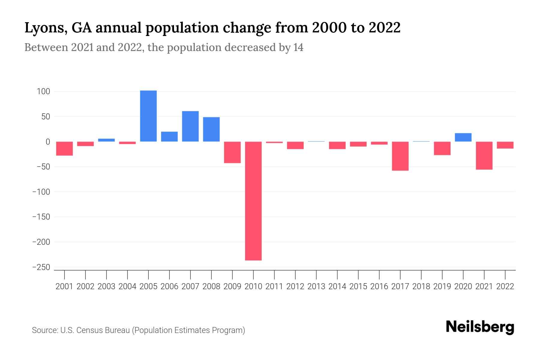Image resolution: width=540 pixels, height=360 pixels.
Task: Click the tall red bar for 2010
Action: pos(253,201)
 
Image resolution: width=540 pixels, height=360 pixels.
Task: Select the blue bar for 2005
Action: pos(148,116)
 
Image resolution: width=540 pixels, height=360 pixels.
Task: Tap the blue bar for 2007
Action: pos(190,126)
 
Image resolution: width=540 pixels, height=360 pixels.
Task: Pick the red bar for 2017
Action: pos(400,156)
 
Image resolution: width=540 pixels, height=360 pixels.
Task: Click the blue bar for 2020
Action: pos(463,137)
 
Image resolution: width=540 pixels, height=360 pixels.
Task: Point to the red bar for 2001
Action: pos(64,148)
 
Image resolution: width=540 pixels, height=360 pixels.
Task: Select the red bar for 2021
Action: pos(484,155)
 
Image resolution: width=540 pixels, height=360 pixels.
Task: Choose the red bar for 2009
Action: pos(232,152)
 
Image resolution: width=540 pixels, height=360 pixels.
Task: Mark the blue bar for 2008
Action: pos(211,129)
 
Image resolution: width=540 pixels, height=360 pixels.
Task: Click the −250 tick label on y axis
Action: pos(41,267)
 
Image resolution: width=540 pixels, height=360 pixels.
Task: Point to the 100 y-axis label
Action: pos(43,91)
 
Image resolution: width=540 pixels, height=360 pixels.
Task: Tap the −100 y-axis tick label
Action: pos(41,192)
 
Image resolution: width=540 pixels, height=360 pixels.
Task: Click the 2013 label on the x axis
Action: pos(316,286)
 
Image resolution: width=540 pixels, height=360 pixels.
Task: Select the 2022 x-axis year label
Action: pos(505,286)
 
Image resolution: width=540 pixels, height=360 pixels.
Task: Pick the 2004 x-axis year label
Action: pos(127,286)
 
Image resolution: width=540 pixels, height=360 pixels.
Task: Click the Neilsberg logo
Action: pos(480,327)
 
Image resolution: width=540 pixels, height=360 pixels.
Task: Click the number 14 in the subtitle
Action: pos(298,47)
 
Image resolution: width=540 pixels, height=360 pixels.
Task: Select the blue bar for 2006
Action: pos(169,136)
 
